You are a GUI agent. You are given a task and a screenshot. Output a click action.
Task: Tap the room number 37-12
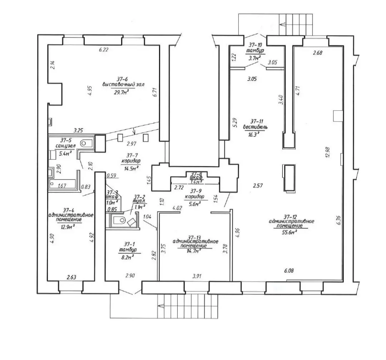pos(290,216)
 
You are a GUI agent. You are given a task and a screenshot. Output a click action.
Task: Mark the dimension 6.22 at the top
pos(103,50)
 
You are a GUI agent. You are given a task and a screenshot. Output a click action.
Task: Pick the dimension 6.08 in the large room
pos(289,271)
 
